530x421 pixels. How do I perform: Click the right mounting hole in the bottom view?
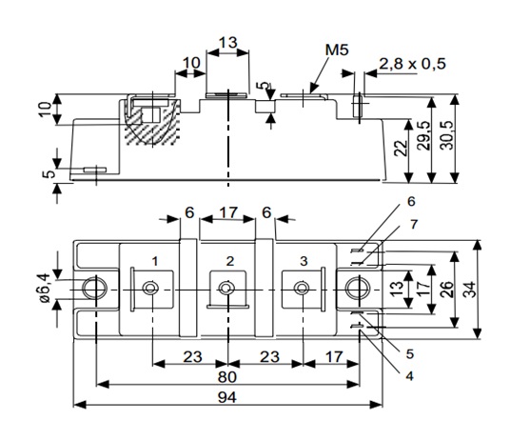[x=357, y=289]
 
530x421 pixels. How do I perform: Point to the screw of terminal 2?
[x=227, y=289]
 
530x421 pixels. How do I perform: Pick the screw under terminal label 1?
[x=150, y=289]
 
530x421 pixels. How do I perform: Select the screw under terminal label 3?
[x=303, y=289]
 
